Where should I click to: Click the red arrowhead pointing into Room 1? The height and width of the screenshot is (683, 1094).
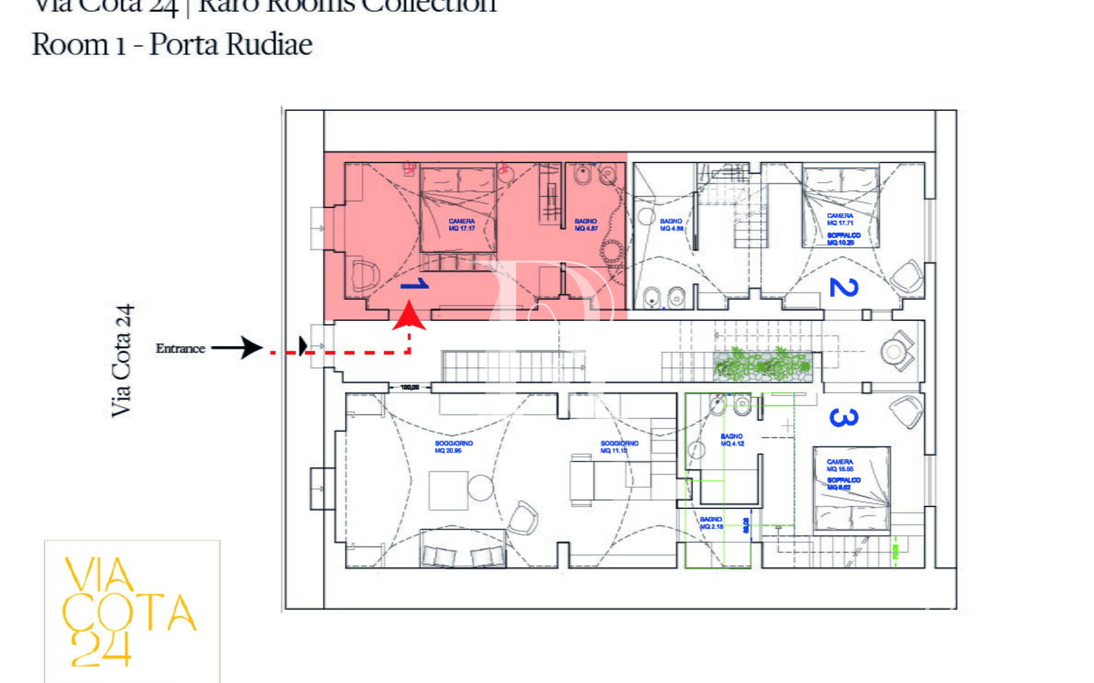pos(409,318)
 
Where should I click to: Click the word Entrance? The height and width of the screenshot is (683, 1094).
pos(180,348)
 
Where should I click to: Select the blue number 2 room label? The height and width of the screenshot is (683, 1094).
pos(843,287)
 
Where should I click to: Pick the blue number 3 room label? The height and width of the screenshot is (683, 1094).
pos(843,418)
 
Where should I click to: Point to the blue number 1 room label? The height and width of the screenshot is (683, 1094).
pos(415,284)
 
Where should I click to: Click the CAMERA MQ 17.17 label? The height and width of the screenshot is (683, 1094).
pos(462,225)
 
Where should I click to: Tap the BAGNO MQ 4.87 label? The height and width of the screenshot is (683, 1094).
pos(586,225)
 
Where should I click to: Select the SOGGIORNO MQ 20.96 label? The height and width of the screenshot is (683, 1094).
pos(454,447)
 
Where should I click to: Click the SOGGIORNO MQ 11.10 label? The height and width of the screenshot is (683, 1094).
pos(619,447)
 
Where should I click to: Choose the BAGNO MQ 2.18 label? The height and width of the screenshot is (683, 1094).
pos(711,523)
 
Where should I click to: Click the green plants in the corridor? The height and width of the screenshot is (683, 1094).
pos(762,364)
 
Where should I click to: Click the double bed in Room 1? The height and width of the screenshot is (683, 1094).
pos(458,209)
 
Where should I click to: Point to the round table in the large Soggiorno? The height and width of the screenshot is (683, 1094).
pos(480,488)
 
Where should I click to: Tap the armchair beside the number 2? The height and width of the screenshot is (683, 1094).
pos(906,276)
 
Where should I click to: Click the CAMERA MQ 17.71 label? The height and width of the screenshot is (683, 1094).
pos(840,219)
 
